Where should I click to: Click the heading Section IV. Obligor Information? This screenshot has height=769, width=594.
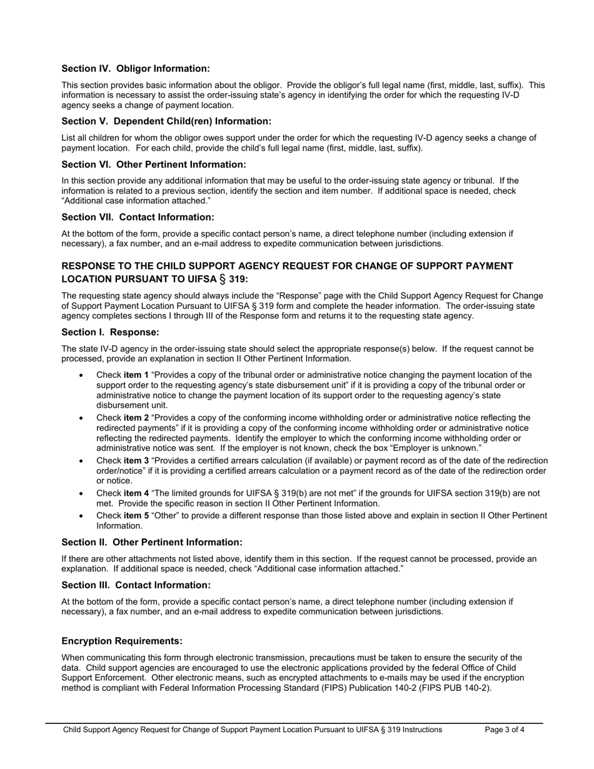pos(136,69)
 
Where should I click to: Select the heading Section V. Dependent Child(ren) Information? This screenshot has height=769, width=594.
pos(166,121)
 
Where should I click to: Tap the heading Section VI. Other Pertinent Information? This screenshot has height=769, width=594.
pos(154,164)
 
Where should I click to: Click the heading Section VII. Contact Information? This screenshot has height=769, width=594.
pos(138,217)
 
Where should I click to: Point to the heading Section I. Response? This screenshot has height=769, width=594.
pos(110,332)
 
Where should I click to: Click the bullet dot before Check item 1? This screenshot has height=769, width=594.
pos(81,376)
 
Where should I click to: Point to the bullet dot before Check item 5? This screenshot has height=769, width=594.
pos(81,516)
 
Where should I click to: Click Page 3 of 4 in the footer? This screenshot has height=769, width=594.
pos(505,730)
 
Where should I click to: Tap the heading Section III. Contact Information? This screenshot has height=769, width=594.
pos(136,585)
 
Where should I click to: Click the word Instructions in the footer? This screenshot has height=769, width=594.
pos(420,730)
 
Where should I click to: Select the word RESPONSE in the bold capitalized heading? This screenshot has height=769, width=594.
pos(89,266)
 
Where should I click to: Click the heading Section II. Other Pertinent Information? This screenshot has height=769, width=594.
pos(152,542)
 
